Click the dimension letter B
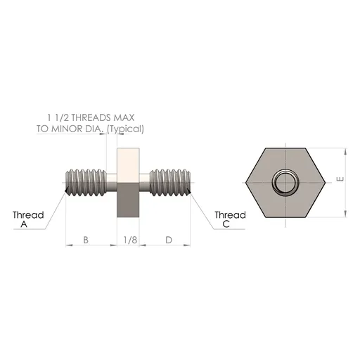coord(86,240)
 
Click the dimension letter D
coord(168,240)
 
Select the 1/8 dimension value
coord(129,240)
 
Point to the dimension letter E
coord(339,180)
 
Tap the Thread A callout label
coord(28,219)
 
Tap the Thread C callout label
coord(230,219)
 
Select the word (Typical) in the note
coord(126,129)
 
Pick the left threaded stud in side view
coord(89,182)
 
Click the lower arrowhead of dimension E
coord(345,214)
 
